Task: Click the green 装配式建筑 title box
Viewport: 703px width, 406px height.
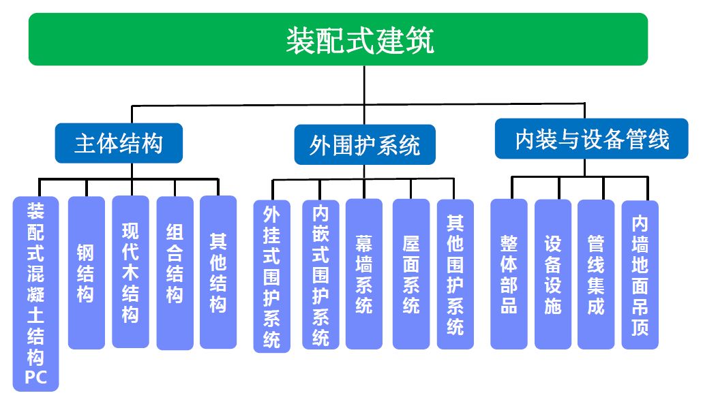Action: (x=338, y=40)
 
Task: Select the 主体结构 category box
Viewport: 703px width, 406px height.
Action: (x=119, y=143)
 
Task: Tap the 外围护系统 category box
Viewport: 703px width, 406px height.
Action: (x=364, y=144)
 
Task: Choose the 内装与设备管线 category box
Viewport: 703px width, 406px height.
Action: (x=591, y=139)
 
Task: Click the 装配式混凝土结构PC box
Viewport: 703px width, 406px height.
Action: (x=35, y=293)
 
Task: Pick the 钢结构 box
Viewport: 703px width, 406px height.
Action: (x=86, y=272)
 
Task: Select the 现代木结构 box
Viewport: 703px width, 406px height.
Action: (x=130, y=272)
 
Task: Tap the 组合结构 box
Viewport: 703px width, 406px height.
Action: (x=175, y=272)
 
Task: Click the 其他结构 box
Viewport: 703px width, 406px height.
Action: (x=218, y=272)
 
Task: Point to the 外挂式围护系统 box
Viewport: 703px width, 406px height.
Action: (x=271, y=276)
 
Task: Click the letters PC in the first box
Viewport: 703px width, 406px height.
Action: (x=35, y=377)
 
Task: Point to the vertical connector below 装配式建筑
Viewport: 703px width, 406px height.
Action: (x=363, y=85)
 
